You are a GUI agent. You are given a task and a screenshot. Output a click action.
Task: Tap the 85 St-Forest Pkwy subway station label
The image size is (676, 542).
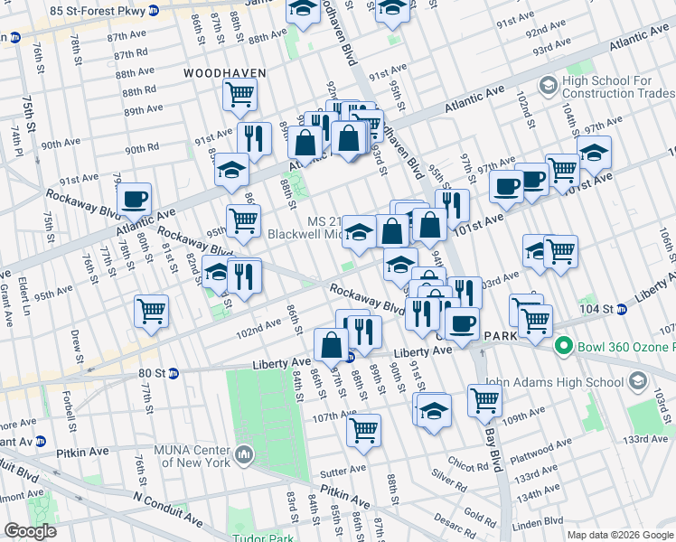(99, 11)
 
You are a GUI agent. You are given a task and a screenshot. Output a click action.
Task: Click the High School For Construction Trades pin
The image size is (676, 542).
(548, 86)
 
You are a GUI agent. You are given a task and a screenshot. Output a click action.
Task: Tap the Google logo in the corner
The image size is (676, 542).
(30, 531)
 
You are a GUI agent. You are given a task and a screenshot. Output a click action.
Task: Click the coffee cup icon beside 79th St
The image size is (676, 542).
(134, 199)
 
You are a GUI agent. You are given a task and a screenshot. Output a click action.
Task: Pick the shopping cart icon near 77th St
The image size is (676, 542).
(152, 312)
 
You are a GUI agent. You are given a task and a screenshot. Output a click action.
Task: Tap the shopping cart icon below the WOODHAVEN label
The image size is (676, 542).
(239, 93)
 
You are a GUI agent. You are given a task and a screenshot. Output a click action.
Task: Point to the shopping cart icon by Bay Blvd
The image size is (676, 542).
(484, 399)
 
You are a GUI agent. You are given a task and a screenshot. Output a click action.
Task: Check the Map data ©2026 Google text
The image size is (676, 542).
(619, 535)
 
